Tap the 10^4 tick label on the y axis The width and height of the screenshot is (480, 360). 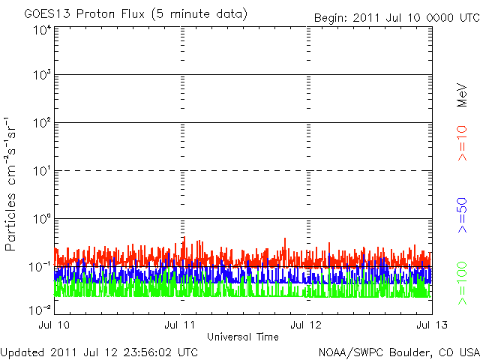(42, 30)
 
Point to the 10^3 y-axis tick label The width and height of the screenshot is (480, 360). (42, 76)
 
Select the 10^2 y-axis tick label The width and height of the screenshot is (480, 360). (42, 123)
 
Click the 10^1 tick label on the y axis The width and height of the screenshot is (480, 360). (42, 171)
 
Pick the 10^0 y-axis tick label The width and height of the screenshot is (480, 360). (42, 219)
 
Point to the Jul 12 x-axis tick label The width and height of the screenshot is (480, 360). (306, 325)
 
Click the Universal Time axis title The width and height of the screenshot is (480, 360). (242, 337)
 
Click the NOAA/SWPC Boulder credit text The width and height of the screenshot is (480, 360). (398, 351)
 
